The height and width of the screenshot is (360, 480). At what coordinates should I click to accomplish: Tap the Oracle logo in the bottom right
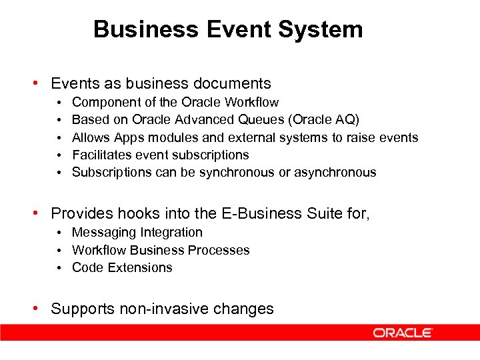(x=403, y=333)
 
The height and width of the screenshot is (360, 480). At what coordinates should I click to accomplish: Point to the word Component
(x=103, y=103)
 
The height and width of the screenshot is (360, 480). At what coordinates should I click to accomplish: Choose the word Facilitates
(x=101, y=155)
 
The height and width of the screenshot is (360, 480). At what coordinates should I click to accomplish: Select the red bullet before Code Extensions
(x=59, y=267)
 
